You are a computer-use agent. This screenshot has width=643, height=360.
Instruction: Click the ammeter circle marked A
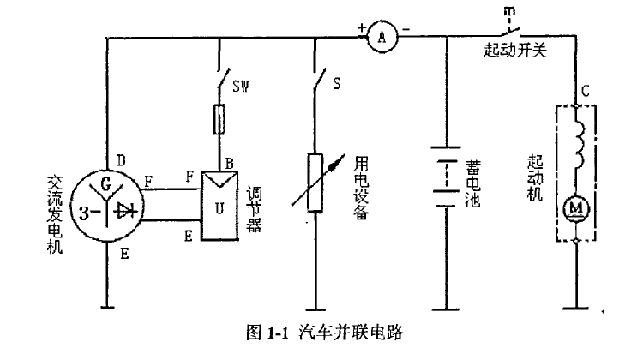click(382, 37)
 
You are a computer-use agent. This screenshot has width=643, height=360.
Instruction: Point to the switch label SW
click(242, 86)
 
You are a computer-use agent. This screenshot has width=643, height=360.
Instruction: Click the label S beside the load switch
click(337, 86)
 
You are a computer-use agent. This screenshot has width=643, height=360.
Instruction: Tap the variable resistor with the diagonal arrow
click(315, 183)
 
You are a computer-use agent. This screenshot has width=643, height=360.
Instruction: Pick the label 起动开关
click(514, 51)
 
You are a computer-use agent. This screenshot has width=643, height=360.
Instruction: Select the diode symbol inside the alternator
click(127, 209)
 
